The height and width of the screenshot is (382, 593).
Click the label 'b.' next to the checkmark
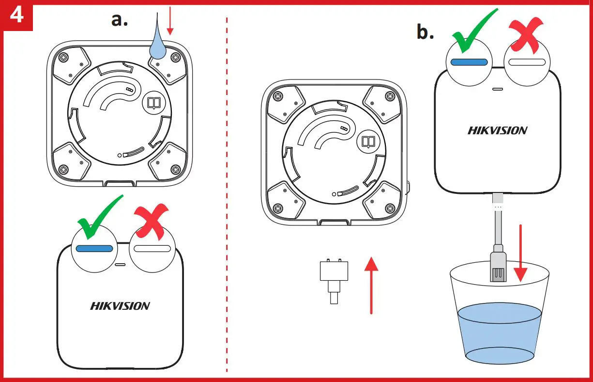click(x=425, y=32)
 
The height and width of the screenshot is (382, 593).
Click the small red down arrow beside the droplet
click(x=169, y=24)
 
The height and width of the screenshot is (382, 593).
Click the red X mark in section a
click(x=151, y=222)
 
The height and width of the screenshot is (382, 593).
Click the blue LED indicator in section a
click(x=94, y=248)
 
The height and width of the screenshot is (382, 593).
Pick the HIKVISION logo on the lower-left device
click(x=120, y=306)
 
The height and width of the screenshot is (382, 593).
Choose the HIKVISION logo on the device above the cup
click(x=497, y=130)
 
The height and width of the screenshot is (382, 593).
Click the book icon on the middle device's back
click(x=368, y=142)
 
